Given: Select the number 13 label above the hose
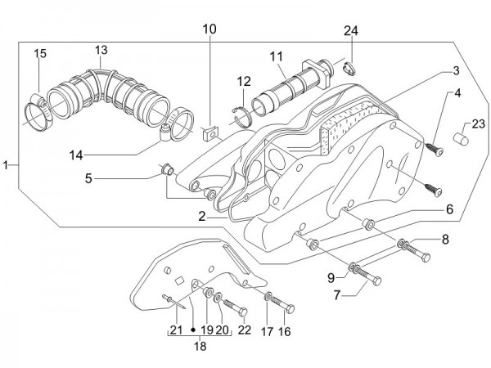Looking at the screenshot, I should [101, 50].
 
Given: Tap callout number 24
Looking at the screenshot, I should [351, 31].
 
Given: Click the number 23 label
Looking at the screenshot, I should [478, 123].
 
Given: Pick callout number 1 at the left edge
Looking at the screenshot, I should [6, 165].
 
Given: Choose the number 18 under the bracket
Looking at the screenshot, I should [200, 346].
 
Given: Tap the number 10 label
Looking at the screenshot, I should [209, 29].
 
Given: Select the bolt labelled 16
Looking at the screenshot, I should [287, 307].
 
